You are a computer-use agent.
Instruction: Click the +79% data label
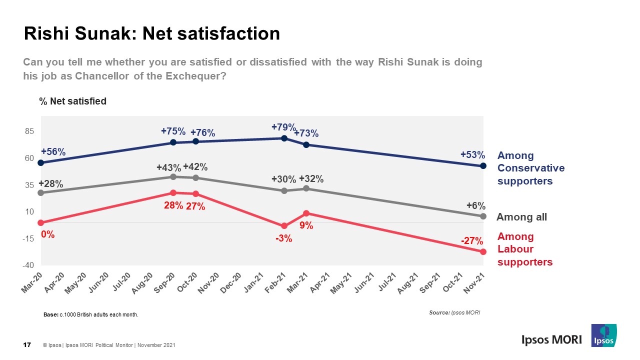(x=283, y=127)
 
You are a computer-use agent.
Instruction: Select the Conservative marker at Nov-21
(x=483, y=166)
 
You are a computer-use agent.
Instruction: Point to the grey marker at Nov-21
(x=483, y=216)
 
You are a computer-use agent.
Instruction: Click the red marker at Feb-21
(x=284, y=226)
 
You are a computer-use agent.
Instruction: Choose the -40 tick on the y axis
(x=28, y=265)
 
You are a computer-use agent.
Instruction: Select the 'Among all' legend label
(x=521, y=217)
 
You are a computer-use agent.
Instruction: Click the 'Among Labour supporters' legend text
(x=524, y=249)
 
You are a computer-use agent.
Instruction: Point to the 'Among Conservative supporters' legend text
(x=530, y=168)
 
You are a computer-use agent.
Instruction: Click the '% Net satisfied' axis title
(x=73, y=101)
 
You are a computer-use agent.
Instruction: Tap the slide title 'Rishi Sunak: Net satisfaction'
(x=152, y=33)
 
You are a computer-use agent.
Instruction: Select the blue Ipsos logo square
(x=604, y=335)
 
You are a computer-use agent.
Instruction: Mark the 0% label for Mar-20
(x=48, y=233)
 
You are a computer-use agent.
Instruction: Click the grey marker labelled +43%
(x=173, y=176)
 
